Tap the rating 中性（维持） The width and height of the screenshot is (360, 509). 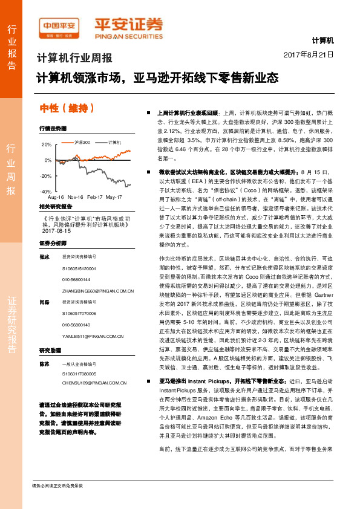(67, 108)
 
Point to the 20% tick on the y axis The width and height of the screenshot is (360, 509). (47, 145)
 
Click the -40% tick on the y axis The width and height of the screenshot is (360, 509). (46, 192)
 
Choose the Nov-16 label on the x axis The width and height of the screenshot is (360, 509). (76, 198)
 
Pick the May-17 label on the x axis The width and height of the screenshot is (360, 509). (114, 198)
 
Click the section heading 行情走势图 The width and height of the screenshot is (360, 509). (53, 129)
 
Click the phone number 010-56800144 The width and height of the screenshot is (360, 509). (75, 280)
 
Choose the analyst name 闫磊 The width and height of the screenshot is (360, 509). (44, 302)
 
